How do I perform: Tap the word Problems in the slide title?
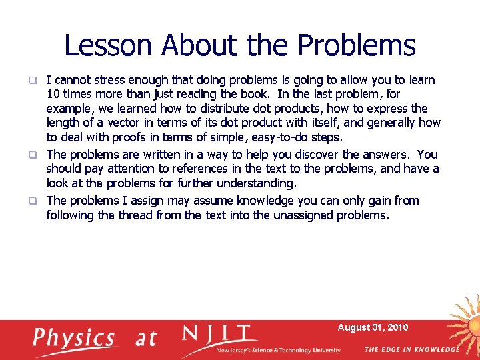click(357, 45)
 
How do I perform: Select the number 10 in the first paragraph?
click(53, 94)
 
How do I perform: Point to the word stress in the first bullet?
click(116, 80)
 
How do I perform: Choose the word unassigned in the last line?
click(304, 215)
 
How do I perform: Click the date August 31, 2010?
click(373, 327)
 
